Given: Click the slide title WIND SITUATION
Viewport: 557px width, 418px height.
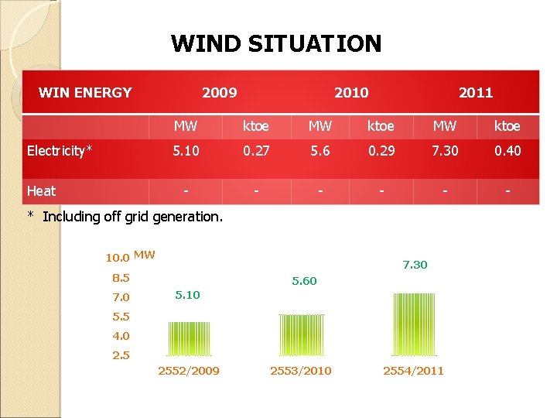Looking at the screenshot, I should click(x=276, y=43).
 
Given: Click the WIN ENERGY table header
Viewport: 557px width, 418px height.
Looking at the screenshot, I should click(x=85, y=93).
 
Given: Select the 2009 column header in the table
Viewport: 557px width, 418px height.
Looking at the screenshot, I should click(x=220, y=93).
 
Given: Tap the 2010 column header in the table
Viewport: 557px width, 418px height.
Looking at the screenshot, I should click(x=351, y=93).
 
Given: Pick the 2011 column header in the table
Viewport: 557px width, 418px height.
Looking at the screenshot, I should click(x=476, y=93).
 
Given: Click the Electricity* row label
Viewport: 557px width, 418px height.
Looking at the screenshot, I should click(x=60, y=151).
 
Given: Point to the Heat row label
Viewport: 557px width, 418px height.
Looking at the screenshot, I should click(x=41, y=190).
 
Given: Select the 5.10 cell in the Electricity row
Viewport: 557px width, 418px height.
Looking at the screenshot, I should click(x=185, y=151).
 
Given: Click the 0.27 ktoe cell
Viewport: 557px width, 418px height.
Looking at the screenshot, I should click(x=256, y=151).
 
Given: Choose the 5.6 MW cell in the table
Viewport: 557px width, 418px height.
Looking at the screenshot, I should click(x=320, y=151).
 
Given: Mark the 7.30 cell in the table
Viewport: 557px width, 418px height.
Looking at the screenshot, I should click(x=444, y=151).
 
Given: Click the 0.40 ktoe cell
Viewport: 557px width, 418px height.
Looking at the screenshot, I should click(x=507, y=151).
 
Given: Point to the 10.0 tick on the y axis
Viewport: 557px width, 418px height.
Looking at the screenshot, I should click(x=118, y=257).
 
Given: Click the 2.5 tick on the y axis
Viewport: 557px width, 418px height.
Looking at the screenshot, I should click(x=121, y=355).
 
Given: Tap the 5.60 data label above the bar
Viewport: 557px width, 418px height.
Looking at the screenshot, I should click(x=304, y=281).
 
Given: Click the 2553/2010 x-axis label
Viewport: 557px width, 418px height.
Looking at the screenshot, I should click(x=300, y=371).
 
